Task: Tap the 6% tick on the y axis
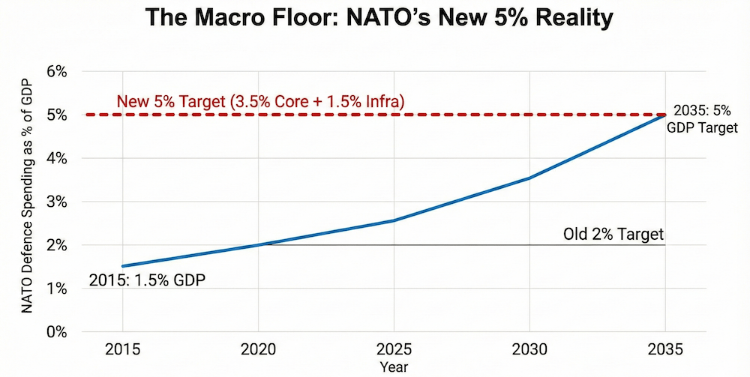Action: pos(57,72)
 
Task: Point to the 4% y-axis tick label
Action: pos(57,159)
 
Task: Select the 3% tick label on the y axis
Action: pos(57,202)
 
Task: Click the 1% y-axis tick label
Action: pos(57,289)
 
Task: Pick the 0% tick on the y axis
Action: pos(57,332)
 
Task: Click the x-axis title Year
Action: pos(394,367)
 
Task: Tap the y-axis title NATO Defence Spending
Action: pos(28,202)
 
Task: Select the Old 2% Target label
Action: pos(613,234)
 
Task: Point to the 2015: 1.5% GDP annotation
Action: pos(148,281)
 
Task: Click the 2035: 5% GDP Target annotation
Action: pos(702,118)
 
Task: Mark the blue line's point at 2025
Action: pos(394,220)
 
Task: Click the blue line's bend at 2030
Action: pos(530,178)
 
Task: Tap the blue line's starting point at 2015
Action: pos(122,266)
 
